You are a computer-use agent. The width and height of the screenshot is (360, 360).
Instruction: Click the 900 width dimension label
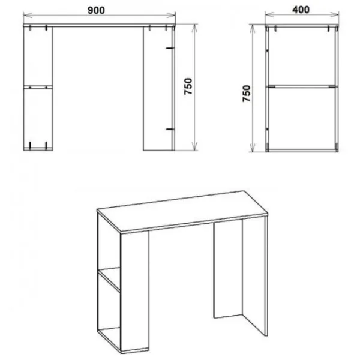click(x=96, y=10)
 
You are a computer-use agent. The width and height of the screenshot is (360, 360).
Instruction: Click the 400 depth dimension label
click(x=301, y=10)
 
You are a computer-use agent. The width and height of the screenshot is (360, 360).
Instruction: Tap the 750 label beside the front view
click(x=188, y=86)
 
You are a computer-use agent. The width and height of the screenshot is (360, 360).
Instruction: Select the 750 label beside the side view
click(x=247, y=94)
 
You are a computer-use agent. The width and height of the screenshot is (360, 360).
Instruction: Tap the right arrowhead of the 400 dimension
click(x=335, y=14)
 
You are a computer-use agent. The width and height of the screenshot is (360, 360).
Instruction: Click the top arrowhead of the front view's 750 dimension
click(x=194, y=28)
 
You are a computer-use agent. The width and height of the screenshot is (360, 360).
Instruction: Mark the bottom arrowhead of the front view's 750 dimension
click(x=194, y=146)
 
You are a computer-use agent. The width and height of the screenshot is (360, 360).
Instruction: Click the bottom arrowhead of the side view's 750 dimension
click(x=253, y=148)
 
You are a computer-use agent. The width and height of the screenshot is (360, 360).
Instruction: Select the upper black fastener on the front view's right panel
click(x=170, y=48)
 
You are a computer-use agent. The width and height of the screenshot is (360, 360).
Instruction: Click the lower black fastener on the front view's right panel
click(x=170, y=130)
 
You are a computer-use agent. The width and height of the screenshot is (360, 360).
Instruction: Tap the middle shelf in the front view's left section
click(x=38, y=87)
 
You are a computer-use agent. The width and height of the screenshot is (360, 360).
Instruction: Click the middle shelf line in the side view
click(x=302, y=86)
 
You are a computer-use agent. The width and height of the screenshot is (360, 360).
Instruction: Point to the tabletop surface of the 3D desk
click(x=182, y=211)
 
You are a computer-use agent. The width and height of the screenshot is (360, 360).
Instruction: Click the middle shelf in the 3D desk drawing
click(x=109, y=279)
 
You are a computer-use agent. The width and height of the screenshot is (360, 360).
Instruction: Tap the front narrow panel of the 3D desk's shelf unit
click(x=135, y=291)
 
